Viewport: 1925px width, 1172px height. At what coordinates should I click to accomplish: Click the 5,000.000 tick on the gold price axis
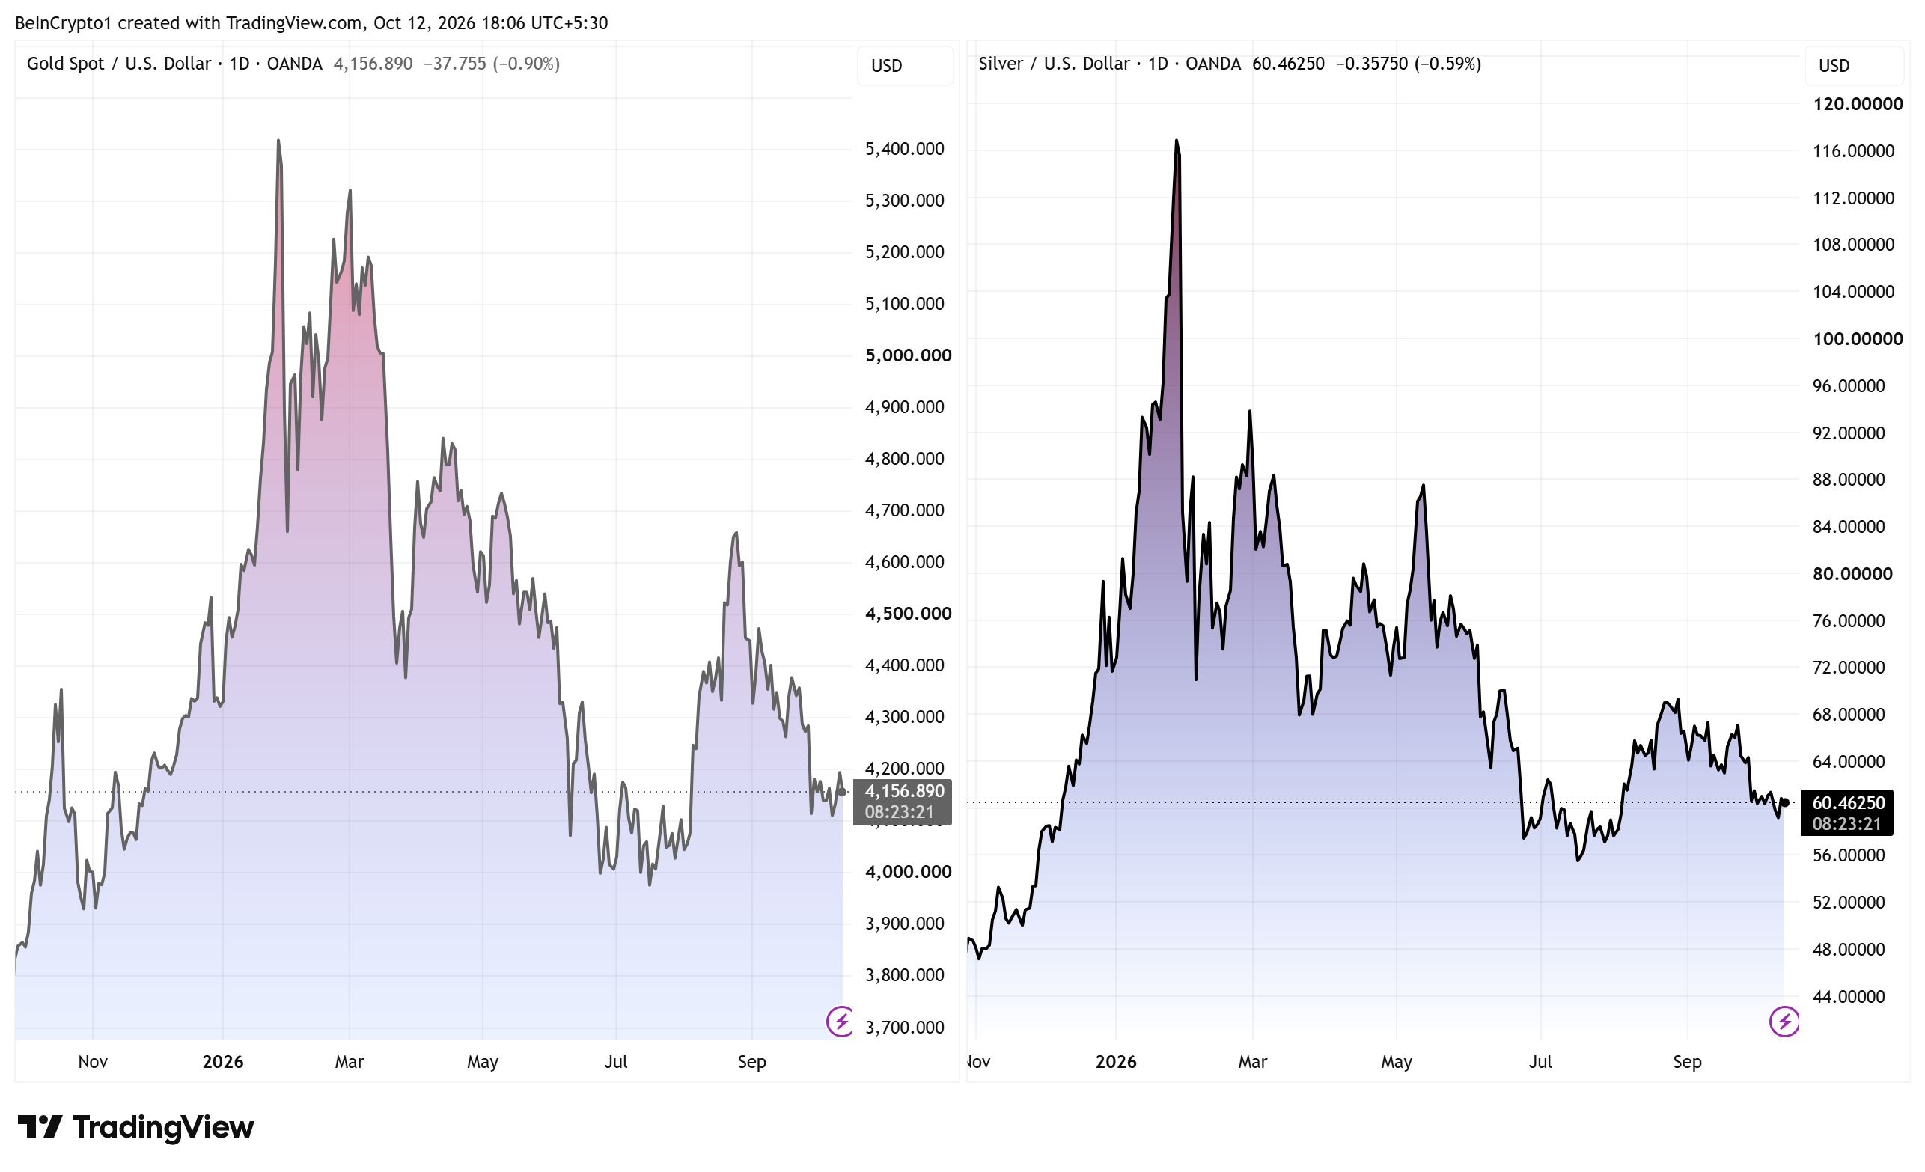pyautogui.click(x=908, y=355)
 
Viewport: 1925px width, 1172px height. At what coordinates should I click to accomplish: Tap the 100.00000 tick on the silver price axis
pyautogui.click(x=1857, y=339)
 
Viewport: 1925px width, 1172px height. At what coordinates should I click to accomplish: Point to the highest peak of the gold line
pyautogui.click(x=278, y=141)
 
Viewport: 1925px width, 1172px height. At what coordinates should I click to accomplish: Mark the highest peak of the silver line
pyautogui.click(x=1177, y=141)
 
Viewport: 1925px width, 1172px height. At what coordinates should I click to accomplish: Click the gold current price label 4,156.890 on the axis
pyautogui.click(x=904, y=792)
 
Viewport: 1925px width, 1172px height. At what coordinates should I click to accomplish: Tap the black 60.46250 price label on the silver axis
pyautogui.click(x=1848, y=803)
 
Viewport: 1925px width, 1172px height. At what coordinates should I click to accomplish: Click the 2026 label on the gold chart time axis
pyautogui.click(x=222, y=1062)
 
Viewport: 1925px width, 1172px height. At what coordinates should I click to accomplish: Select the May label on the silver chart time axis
pyautogui.click(x=1396, y=1062)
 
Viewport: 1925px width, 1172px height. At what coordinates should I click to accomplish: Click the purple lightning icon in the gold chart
pyautogui.click(x=841, y=1022)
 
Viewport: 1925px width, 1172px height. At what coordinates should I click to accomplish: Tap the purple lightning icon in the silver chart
pyautogui.click(x=1784, y=1022)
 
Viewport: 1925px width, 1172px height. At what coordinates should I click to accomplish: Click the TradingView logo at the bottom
pyautogui.click(x=136, y=1126)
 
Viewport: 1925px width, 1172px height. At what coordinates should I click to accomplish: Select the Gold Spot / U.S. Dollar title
pyautogui.click(x=119, y=64)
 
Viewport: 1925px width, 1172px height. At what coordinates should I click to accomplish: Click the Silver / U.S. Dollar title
pyautogui.click(x=1054, y=64)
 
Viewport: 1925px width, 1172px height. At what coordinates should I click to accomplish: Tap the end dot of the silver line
pyautogui.click(x=1784, y=802)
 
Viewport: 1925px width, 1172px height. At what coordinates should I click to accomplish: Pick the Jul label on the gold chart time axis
pyautogui.click(x=616, y=1062)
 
